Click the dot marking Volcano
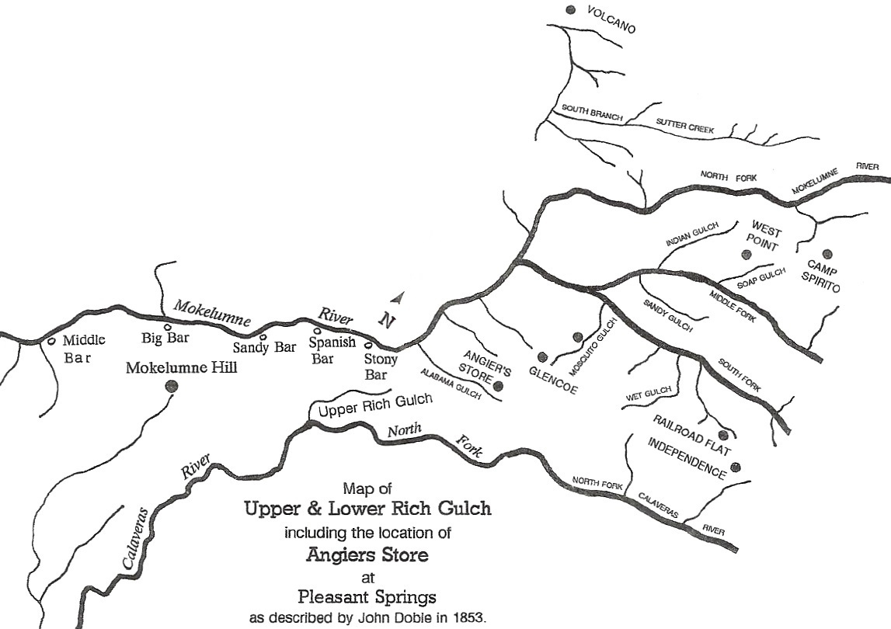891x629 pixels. pyautogui.click(x=571, y=9)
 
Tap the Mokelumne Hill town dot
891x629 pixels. pyautogui.click(x=172, y=385)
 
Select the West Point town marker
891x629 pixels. pyautogui.click(x=747, y=254)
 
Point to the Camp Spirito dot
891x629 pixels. pyautogui.click(x=827, y=252)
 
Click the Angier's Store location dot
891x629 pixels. pyautogui.click(x=498, y=386)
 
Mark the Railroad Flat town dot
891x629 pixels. pyautogui.click(x=722, y=434)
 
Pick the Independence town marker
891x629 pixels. pyautogui.click(x=736, y=467)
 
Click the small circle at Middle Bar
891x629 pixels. pyautogui.click(x=50, y=341)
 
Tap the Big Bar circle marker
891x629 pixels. pyautogui.click(x=167, y=328)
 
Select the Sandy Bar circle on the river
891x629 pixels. pyautogui.click(x=263, y=337)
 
